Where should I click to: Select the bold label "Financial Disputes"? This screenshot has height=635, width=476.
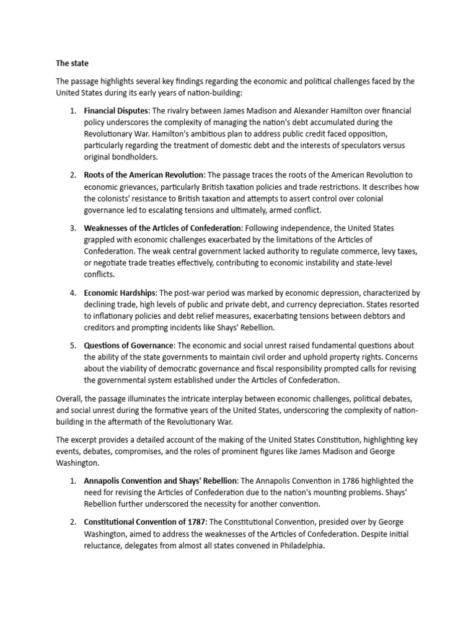pyautogui.click(x=117, y=110)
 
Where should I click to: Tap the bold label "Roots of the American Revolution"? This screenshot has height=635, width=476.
pyautogui.click(x=144, y=175)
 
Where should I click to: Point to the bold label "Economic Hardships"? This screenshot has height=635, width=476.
pyautogui.click(x=120, y=293)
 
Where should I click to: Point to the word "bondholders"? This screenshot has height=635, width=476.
pyautogui.click(x=137, y=158)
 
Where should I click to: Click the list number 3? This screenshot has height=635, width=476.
pyautogui.click(x=73, y=228)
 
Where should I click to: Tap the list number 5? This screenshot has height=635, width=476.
pyautogui.click(x=73, y=345)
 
